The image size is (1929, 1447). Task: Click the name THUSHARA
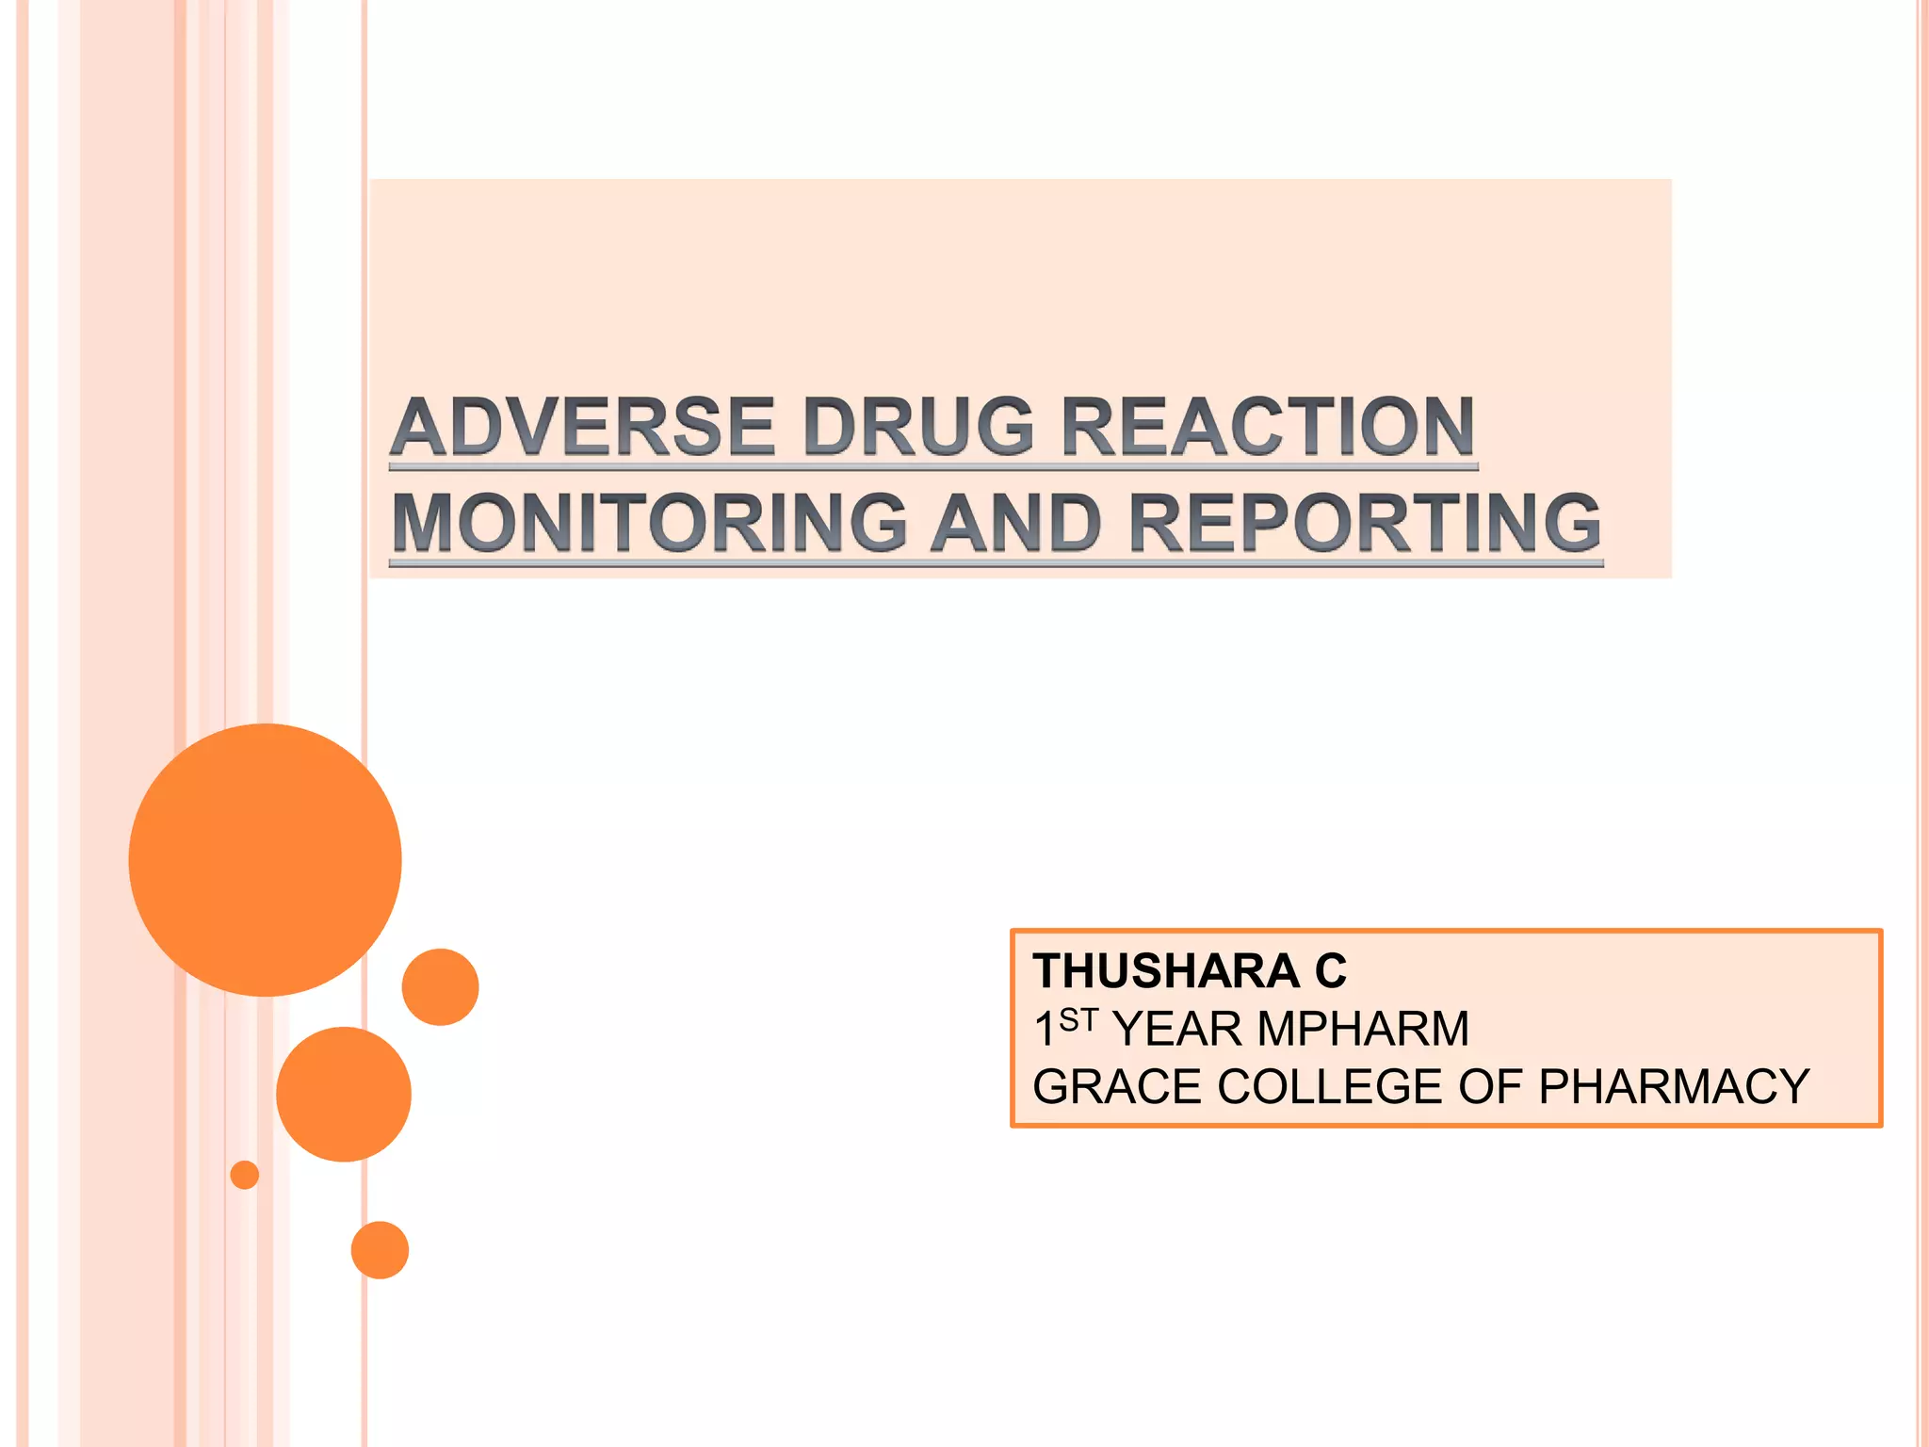1166,971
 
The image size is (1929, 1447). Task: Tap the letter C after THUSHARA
1331,971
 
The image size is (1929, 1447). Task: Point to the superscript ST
1078,1019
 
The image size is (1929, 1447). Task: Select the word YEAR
1177,1029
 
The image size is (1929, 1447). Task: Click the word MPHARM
1363,1029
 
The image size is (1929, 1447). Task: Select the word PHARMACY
1674,1087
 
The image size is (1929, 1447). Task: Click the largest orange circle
266,860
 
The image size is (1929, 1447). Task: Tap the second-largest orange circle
344,1094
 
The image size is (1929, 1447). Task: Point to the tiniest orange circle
245,1175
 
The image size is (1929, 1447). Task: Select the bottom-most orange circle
380,1250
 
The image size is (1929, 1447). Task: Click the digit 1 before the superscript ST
1044,1030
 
